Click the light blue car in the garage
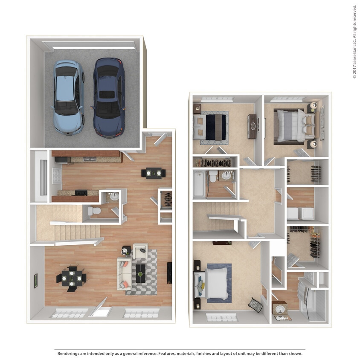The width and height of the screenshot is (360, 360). point(68,97)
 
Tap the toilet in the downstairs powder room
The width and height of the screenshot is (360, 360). point(94,210)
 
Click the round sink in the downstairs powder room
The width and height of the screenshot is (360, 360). point(114,197)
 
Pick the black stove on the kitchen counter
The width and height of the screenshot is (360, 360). point(81,193)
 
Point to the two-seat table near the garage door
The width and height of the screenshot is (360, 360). point(154,173)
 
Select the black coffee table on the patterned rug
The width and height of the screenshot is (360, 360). point(141,273)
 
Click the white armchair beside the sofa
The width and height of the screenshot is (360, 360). point(140,251)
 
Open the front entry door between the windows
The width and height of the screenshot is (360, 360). point(100,308)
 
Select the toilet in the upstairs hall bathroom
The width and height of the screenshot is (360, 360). point(213,176)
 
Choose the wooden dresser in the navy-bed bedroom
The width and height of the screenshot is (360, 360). point(252,126)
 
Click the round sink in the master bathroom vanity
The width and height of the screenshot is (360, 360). point(279,308)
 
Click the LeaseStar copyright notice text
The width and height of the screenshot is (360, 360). point(354,41)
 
